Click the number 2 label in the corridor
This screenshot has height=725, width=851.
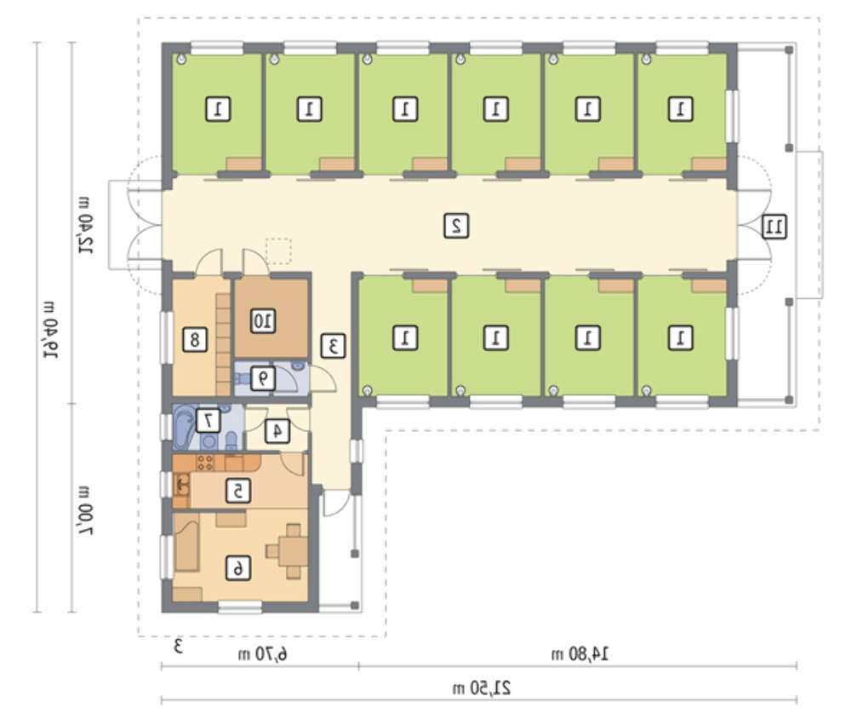[456, 226]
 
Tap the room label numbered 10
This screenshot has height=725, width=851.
[263, 321]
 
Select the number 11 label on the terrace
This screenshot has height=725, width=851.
[774, 226]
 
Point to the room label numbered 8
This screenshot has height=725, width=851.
[195, 340]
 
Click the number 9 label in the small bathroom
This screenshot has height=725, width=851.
[263, 378]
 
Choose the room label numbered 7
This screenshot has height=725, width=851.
[208, 421]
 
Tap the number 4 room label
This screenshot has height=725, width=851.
[277, 431]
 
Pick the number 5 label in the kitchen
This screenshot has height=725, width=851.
[238, 491]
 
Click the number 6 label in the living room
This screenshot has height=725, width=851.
[237, 568]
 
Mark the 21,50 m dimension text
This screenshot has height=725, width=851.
[482, 688]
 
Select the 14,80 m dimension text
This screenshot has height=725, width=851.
[580, 653]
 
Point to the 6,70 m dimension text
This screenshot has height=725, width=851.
[263, 653]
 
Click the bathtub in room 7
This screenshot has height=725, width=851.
[183, 427]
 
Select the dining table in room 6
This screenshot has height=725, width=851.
[293, 551]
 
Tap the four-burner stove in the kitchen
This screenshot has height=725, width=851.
[206, 463]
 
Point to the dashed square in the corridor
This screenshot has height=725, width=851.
[278, 251]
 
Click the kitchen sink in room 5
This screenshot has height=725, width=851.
[181, 484]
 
